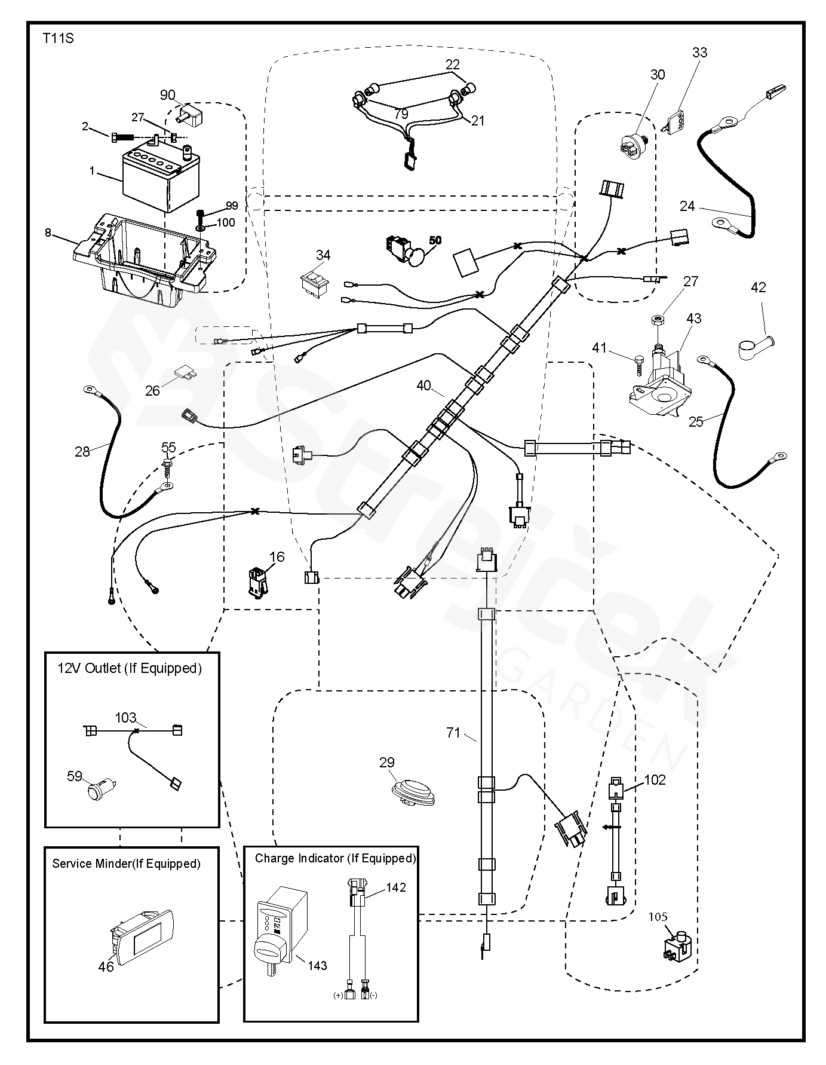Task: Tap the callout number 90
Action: pyautogui.click(x=167, y=95)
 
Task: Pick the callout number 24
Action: pyautogui.click(x=687, y=206)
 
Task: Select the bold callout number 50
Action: pyautogui.click(x=435, y=240)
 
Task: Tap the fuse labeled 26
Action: pyautogui.click(x=185, y=375)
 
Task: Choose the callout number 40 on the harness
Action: pyautogui.click(x=423, y=386)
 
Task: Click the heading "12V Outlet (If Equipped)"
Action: pyautogui.click(x=129, y=668)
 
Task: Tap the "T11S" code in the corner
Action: pyautogui.click(x=58, y=39)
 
